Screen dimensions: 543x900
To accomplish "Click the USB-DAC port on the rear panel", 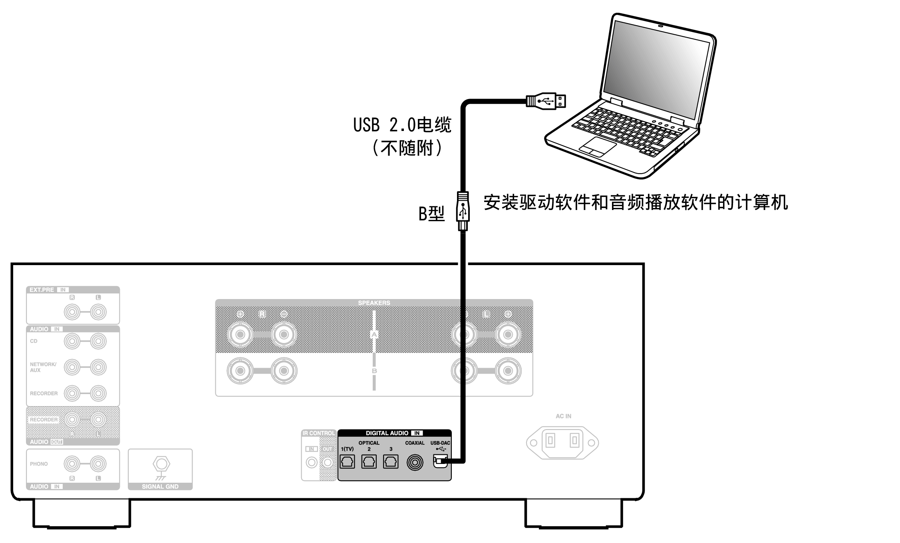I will tap(439, 462).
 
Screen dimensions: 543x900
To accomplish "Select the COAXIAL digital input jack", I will tap(415, 462).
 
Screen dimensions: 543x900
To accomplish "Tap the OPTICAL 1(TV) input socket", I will tap(347, 462).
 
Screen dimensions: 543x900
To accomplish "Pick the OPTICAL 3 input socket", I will tap(390, 462).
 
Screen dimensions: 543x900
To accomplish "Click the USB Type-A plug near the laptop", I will tap(546, 101).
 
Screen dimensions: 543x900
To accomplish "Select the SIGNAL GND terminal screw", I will tap(161, 464).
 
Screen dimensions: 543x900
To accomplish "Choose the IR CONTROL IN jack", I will tap(312, 462).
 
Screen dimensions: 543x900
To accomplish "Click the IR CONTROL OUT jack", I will tap(328, 462).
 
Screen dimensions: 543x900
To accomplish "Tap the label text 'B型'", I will tap(431, 214).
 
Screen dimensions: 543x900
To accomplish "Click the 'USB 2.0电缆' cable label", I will tap(402, 125).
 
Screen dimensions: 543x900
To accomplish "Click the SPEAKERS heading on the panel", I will tap(374, 303).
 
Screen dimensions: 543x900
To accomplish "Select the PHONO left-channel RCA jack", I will tap(98, 464).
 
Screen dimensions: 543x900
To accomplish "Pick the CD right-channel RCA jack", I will tap(72, 341).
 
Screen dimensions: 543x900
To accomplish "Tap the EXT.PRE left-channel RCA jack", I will tap(98, 312).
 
